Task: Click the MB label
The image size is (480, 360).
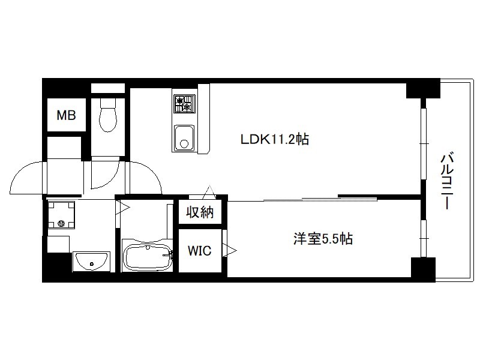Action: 67,115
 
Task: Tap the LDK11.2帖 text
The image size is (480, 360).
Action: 275,140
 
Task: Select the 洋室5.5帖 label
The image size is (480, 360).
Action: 323,238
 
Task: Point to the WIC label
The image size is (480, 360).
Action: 199,251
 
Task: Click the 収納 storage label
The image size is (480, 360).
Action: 200,212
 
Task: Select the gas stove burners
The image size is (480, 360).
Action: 184,103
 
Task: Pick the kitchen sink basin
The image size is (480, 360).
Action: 184,138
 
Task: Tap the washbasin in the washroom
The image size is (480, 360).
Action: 91,261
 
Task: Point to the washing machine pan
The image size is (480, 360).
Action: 61,215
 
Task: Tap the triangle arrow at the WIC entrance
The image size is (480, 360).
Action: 230,250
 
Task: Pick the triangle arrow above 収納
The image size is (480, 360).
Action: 210,192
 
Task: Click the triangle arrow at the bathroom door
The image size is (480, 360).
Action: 123,208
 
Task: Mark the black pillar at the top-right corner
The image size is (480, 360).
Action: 423,88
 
